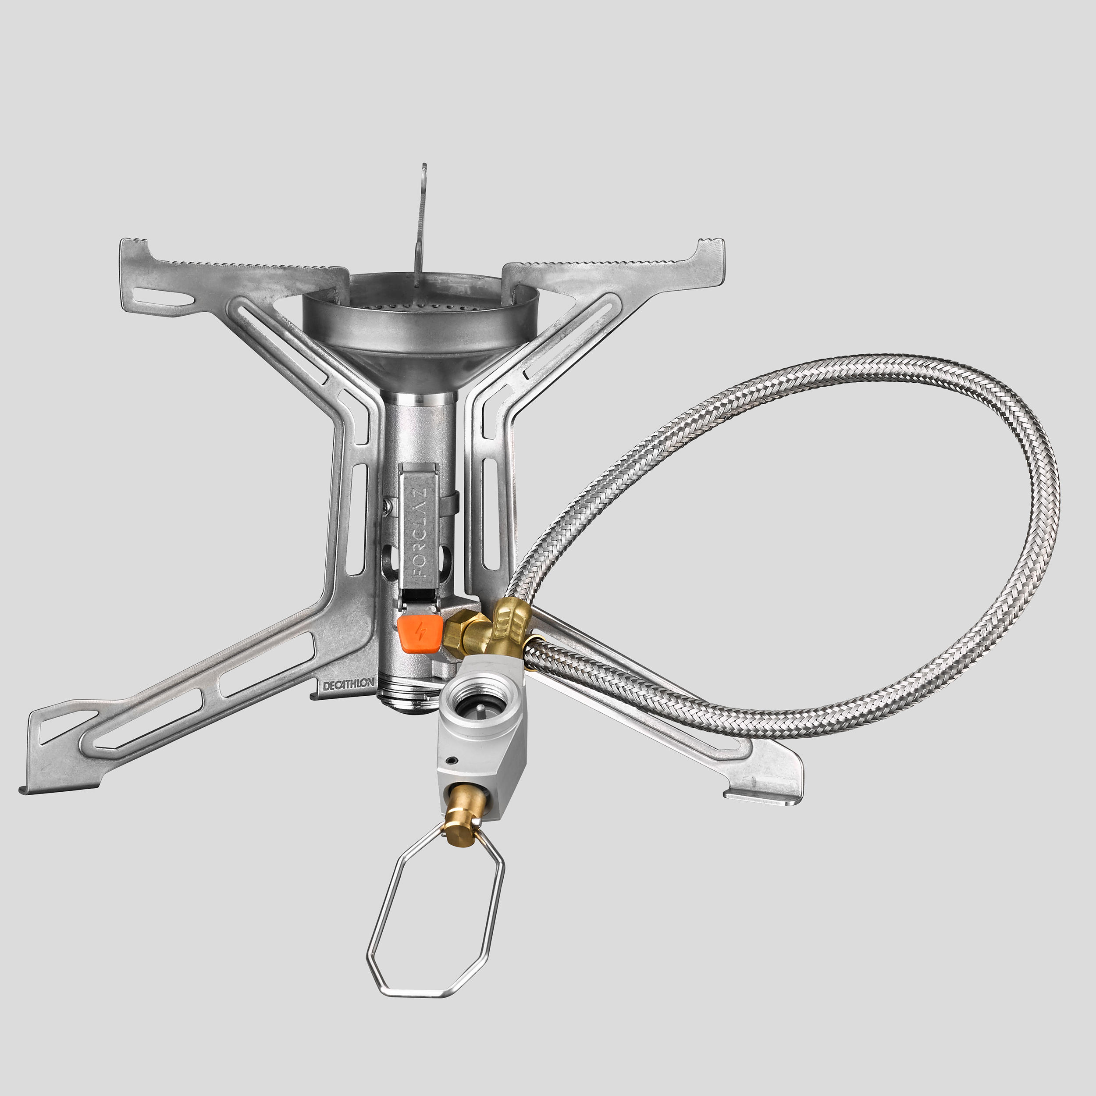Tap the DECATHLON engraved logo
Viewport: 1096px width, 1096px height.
point(349,685)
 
